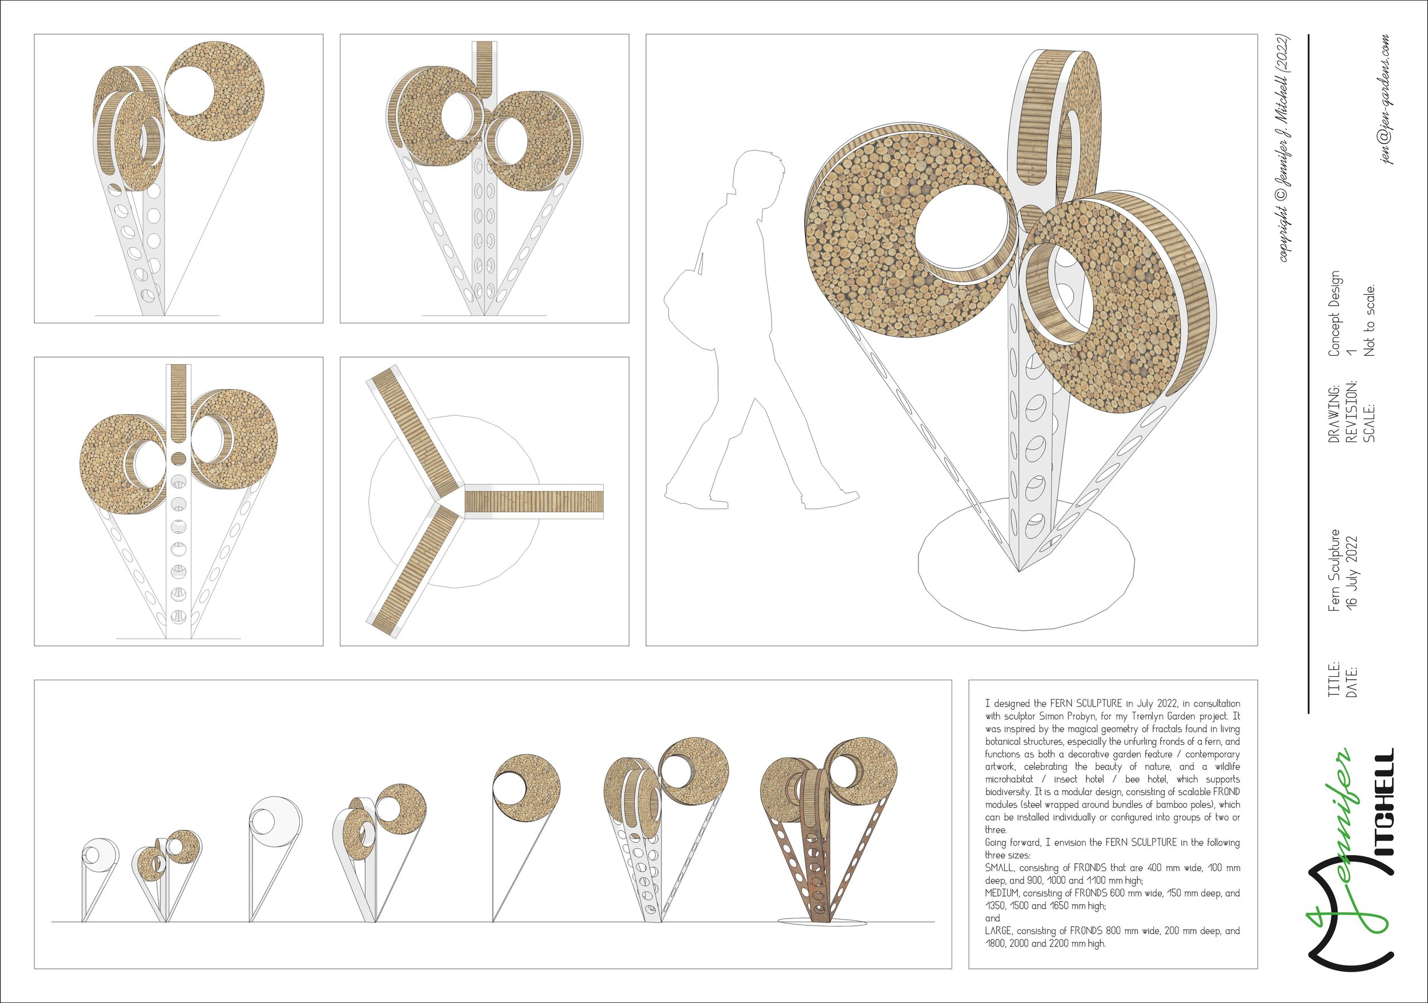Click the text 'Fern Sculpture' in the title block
tap(1334, 570)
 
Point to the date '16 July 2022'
tap(1351, 570)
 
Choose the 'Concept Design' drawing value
tap(1334, 314)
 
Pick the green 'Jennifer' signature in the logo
tap(1331, 852)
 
